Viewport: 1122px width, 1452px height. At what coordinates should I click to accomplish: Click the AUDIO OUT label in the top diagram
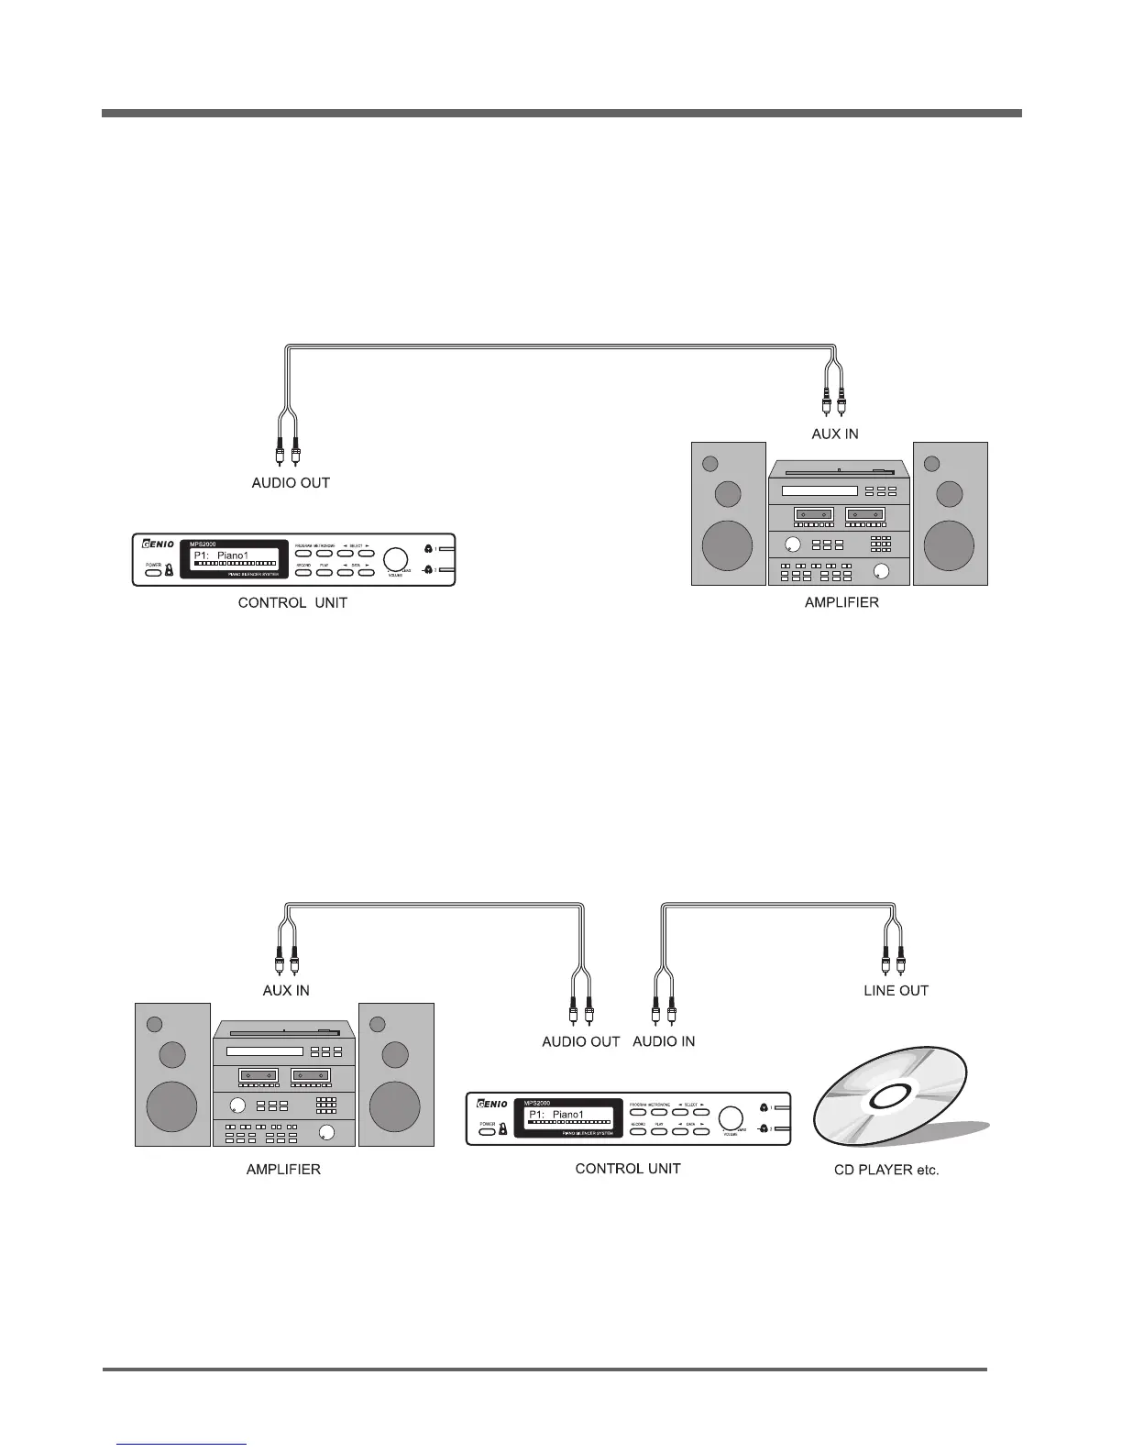click(291, 482)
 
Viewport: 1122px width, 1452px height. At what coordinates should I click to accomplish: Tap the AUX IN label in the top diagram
click(834, 434)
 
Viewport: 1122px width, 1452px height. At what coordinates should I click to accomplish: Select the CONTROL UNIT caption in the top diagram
click(292, 603)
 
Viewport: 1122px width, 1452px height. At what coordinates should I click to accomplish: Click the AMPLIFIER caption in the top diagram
click(841, 602)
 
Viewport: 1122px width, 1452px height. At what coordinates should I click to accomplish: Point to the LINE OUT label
click(896, 990)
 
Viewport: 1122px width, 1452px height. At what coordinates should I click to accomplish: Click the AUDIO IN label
click(664, 1041)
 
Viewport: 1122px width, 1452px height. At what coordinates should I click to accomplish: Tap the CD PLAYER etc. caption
click(886, 1171)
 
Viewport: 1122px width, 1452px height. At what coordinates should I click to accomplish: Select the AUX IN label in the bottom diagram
click(286, 990)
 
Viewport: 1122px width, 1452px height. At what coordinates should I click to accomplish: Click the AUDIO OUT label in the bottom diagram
click(580, 1041)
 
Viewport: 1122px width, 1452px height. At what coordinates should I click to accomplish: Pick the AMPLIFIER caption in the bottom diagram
click(283, 1170)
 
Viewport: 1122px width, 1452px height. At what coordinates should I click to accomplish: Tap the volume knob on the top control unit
click(395, 560)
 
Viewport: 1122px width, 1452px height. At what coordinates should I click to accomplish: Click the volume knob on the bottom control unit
click(731, 1118)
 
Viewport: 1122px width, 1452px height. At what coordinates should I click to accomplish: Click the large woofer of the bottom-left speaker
click(171, 1105)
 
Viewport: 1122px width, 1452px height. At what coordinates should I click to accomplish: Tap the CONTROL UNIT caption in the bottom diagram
click(628, 1169)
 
